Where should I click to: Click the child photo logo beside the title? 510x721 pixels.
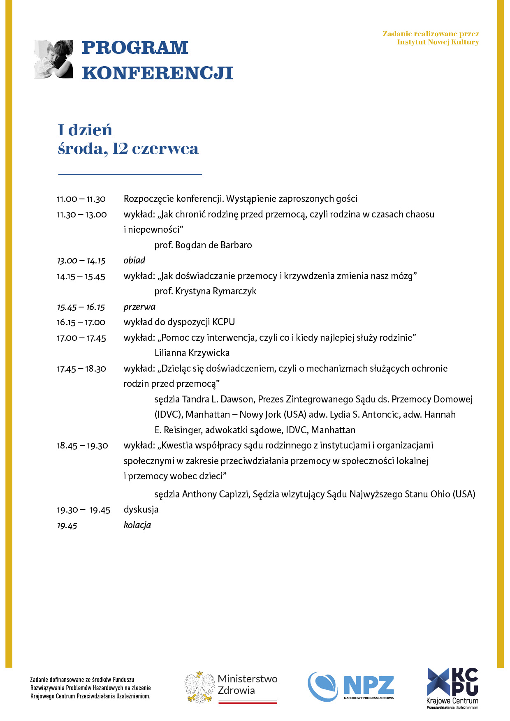53,59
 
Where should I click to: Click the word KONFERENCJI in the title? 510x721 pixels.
157,73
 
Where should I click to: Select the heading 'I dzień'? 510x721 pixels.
85,130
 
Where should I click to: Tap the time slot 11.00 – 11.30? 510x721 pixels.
81,199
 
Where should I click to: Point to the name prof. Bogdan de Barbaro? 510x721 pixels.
203,245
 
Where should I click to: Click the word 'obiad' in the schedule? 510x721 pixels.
134,261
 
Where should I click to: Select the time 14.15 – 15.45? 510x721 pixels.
81,277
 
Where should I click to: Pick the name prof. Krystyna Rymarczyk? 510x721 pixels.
205,291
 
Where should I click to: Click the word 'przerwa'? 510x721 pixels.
139,307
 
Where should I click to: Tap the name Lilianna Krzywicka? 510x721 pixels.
192,353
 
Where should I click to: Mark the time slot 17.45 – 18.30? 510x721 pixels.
81,369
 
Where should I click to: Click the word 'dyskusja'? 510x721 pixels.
141,510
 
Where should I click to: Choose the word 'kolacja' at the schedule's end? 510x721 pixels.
137,525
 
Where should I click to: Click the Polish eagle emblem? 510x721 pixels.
199,687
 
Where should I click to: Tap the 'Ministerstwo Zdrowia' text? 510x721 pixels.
248,684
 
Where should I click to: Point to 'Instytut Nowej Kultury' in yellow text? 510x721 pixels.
438,42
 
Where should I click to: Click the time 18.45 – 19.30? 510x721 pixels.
82,446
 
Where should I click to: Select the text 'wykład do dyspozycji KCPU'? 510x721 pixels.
179,322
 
